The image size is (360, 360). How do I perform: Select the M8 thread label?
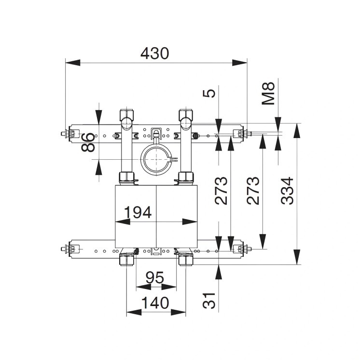coord(269,93)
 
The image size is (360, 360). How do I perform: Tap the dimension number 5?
coord(209,93)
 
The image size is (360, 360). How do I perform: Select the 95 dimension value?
coord(155,278)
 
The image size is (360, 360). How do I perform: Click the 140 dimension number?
coord(155,304)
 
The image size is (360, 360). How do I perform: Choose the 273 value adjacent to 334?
coord(253,191)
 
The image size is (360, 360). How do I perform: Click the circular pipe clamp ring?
coord(156,160)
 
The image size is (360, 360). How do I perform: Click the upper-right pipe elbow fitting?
coord(185,116)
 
